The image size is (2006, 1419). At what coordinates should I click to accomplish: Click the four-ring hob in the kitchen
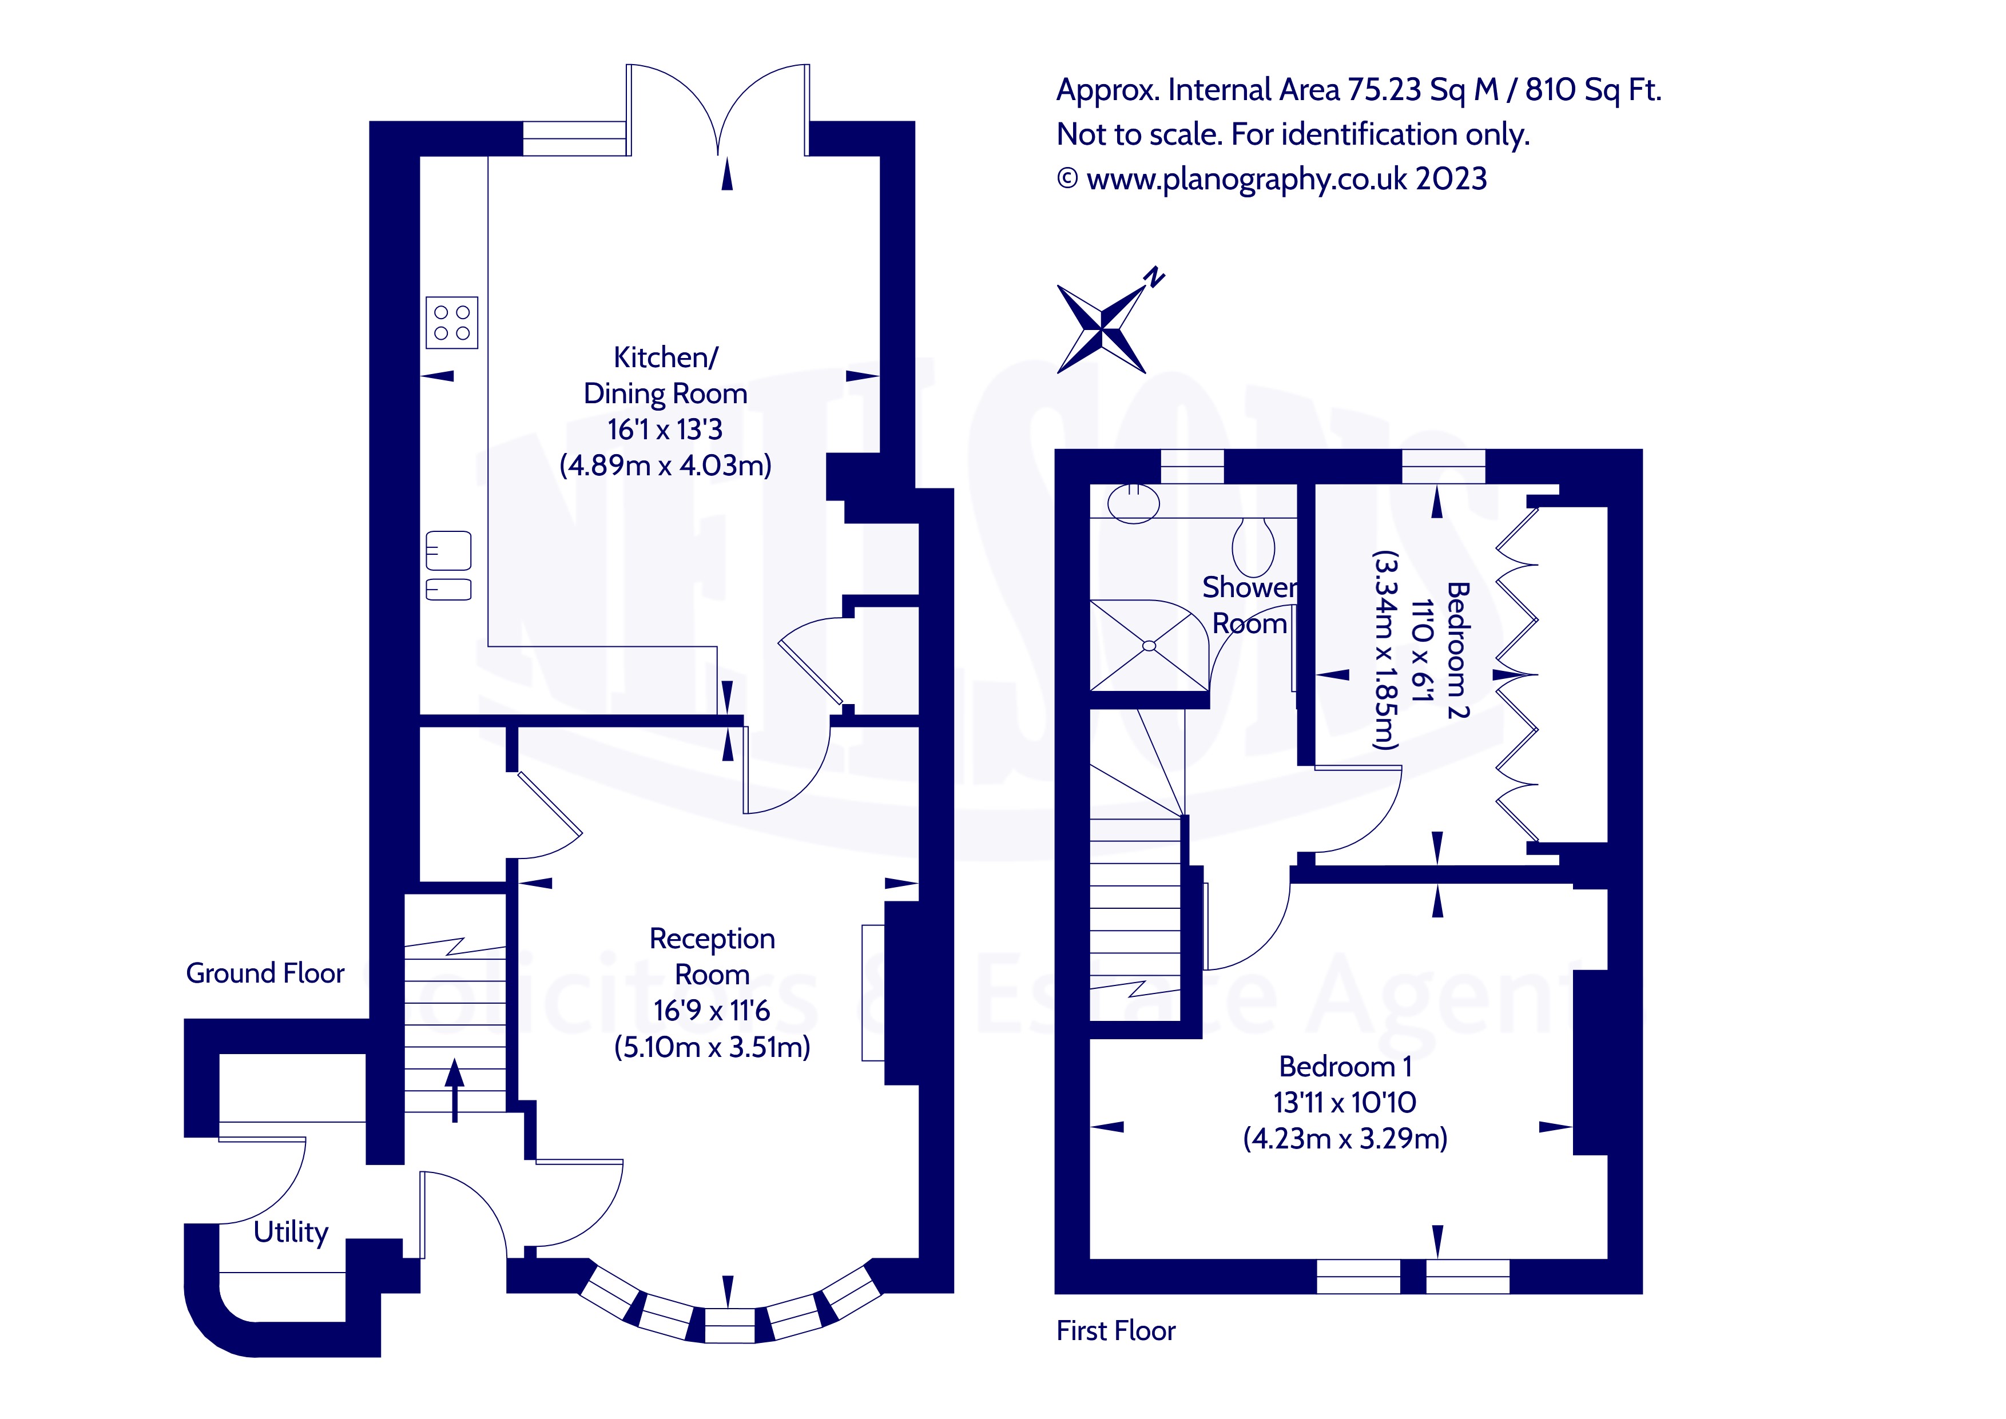click(x=452, y=323)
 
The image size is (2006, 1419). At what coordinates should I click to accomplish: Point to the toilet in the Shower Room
click(x=1253, y=547)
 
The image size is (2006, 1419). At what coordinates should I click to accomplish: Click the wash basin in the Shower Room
click(x=1133, y=503)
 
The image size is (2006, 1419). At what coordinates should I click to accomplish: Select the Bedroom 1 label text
click(x=1345, y=1066)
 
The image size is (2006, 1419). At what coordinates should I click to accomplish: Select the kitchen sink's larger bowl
click(x=448, y=550)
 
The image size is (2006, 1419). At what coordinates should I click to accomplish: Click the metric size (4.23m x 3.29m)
click(x=1345, y=1139)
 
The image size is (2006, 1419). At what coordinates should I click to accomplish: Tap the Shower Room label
click(x=1249, y=605)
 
